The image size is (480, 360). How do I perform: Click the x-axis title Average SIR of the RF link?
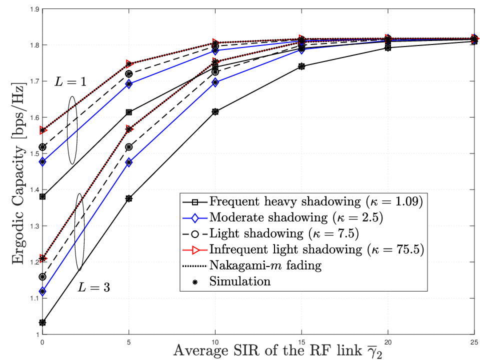coord(267,350)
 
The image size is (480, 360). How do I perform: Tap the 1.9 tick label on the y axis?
coord(34,9)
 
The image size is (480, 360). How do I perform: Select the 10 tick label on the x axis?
coord(215,342)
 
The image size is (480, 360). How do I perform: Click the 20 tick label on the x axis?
coord(388,342)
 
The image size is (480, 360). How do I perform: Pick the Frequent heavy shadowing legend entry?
coord(302,201)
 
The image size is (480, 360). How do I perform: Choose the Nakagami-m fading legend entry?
coord(252,265)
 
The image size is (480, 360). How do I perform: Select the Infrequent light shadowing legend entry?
coord(303,249)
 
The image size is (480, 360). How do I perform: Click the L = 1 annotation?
coord(70,81)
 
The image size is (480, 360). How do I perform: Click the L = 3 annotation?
coord(93,287)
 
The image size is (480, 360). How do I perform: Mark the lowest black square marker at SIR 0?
coord(42,322)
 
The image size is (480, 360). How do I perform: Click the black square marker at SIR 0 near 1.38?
coord(42,196)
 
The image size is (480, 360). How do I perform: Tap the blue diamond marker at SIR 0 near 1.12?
coord(42,291)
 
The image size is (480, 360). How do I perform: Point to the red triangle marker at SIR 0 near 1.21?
coord(43,258)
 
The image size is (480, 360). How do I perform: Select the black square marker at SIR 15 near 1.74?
coord(301,66)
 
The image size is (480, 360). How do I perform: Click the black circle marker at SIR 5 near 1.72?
coord(129,74)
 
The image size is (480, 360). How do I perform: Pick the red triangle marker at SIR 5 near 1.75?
coord(129,63)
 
